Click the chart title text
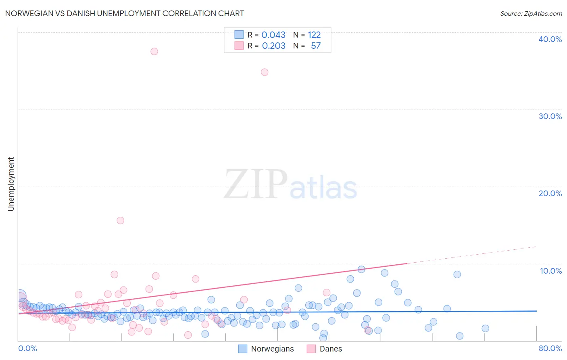click(x=124, y=13)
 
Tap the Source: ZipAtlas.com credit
click(x=531, y=13)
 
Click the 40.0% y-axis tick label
click(x=550, y=39)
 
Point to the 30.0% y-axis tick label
click(x=550, y=116)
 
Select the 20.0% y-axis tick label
click(x=550, y=193)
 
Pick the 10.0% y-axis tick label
click(x=551, y=271)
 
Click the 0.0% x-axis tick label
click(x=27, y=348)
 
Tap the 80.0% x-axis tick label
click(x=550, y=348)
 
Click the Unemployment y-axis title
click(x=11, y=184)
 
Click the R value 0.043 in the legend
click(x=273, y=35)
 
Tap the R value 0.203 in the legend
click(x=273, y=46)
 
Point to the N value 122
click(x=314, y=35)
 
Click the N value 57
click(x=315, y=46)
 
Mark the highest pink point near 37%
click(x=154, y=51)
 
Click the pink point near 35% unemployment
click(x=265, y=72)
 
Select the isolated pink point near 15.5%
click(x=120, y=220)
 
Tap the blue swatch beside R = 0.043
click(x=239, y=35)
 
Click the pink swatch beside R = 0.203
click(x=239, y=46)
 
